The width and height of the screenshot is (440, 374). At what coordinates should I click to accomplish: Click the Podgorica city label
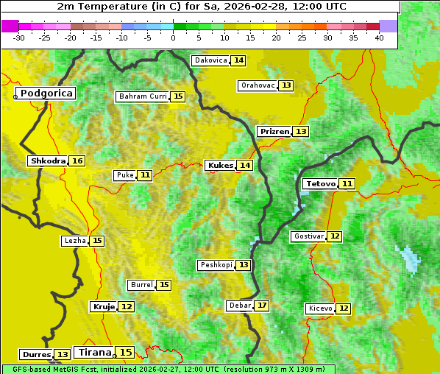(x=46, y=93)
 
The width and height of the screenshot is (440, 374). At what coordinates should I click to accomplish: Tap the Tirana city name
(x=93, y=353)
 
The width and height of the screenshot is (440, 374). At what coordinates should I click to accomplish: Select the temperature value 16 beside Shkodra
(x=77, y=161)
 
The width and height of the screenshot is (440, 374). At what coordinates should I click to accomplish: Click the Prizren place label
(x=274, y=132)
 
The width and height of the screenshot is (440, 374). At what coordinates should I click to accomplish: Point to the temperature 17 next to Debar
(x=262, y=306)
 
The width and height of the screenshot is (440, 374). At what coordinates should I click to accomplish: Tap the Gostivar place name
(x=308, y=236)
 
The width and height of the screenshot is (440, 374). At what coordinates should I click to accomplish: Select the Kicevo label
(x=320, y=308)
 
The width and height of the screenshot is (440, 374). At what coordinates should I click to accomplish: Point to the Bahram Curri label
(x=143, y=96)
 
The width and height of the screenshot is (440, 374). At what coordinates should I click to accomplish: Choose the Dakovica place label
(x=210, y=60)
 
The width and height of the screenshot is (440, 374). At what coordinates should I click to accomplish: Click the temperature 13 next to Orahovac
(x=286, y=85)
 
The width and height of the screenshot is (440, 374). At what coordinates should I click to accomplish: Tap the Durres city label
(x=36, y=355)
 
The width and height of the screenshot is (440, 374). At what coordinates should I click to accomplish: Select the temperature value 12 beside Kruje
(x=127, y=306)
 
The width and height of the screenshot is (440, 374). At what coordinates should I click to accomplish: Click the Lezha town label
(x=75, y=241)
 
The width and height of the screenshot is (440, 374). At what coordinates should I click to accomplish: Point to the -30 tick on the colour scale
(x=19, y=38)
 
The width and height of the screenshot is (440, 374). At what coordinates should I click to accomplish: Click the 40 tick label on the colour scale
(x=379, y=38)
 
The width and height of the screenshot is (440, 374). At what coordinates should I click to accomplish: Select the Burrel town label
(x=141, y=285)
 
